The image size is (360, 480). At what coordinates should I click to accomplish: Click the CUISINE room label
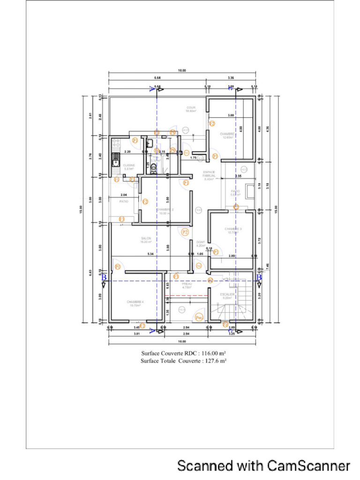coord(129,165)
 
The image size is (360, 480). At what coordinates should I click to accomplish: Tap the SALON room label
coord(146,238)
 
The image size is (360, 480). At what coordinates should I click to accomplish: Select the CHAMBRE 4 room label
coord(135,302)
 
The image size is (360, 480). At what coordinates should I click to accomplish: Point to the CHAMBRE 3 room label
coord(233,229)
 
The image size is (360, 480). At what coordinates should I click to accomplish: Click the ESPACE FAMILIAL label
coord(209,175)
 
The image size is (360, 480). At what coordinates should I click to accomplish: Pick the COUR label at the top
coord(191,108)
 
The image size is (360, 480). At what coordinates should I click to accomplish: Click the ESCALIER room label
coord(227,294)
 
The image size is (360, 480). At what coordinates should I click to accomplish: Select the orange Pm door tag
coord(199,317)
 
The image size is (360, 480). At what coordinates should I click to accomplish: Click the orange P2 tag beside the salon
coord(185,232)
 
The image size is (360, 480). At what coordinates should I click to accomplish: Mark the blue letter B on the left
coord(104,277)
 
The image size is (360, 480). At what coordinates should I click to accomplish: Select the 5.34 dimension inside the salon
coord(150,254)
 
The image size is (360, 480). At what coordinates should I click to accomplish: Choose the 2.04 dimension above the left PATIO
coord(123,195)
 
